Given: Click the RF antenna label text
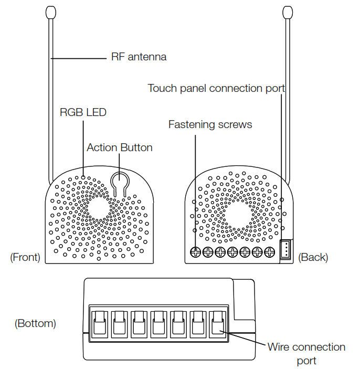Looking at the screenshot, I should tap(139, 57).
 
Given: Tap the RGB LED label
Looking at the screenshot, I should tap(83, 112).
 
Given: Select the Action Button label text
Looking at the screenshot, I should tap(120, 147).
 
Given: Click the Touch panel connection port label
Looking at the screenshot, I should tap(216, 88).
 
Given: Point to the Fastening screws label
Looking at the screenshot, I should tap(210, 124).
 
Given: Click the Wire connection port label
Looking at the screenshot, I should tap(306, 353).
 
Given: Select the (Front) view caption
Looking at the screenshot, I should tap(25, 257).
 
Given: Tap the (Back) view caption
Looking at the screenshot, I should tap(313, 257).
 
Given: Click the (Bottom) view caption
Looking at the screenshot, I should tap(35, 323).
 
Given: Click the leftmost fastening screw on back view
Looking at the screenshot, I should tap(195, 252).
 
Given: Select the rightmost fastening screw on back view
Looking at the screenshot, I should tap(270, 252).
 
